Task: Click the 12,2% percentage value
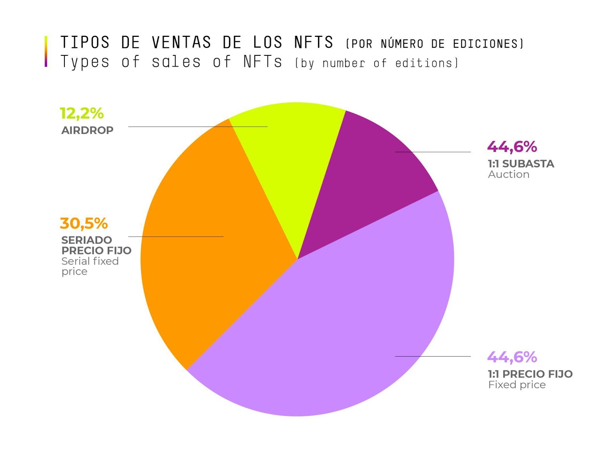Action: (x=82, y=114)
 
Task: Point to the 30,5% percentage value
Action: (x=84, y=224)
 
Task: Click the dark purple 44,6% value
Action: (x=512, y=147)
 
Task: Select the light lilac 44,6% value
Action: (x=512, y=357)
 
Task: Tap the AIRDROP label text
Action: (x=87, y=131)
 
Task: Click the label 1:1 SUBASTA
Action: (x=521, y=164)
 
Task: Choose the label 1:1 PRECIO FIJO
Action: (x=530, y=374)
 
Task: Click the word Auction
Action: (x=508, y=175)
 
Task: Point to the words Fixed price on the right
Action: (x=517, y=385)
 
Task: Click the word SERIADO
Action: (x=86, y=240)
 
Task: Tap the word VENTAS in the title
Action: (x=181, y=42)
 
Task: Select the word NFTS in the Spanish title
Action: (x=314, y=42)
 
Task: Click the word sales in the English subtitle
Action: (x=176, y=62)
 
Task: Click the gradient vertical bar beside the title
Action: (x=46, y=51)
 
